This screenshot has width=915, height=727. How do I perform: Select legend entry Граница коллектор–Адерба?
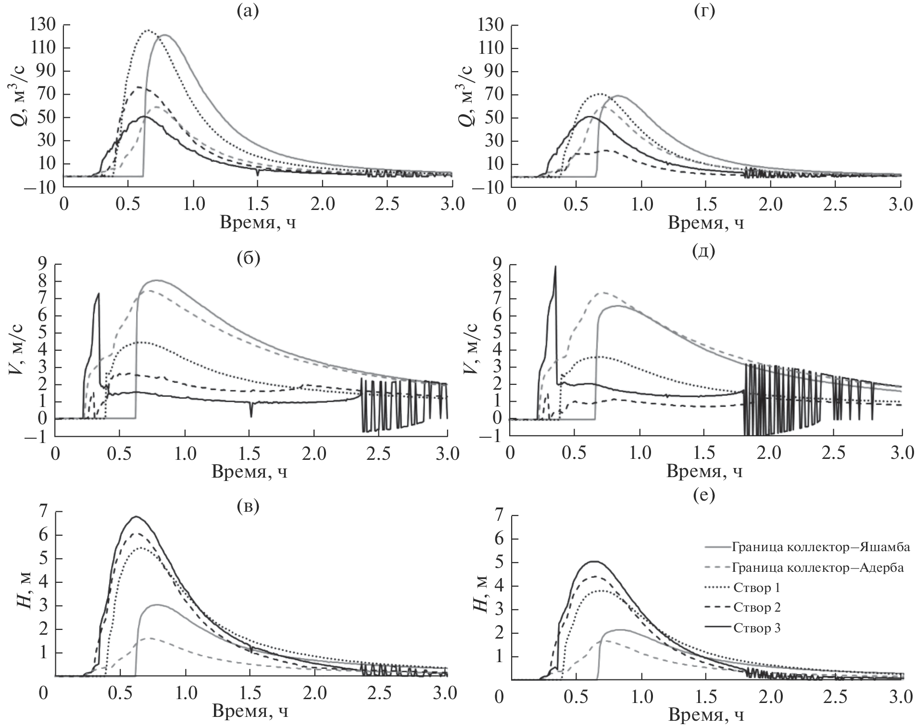pyautogui.click(x=817, y=568)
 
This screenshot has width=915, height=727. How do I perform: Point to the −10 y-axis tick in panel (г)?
pyautogui.click(x=492, y=188)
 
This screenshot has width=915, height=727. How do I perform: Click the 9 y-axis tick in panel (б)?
pyautogui.click(x=43, y=264)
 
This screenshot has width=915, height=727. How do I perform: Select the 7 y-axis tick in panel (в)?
pyautogui.click(x=44, y=512)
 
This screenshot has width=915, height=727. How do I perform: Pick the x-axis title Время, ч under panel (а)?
pyautogui.click(x=258, y=222)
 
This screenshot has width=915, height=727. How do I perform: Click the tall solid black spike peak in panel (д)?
pyautogui.click(x=555, y=267)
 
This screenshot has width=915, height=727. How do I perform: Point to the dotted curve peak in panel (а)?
pyautogui.click(x=148, y=31)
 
